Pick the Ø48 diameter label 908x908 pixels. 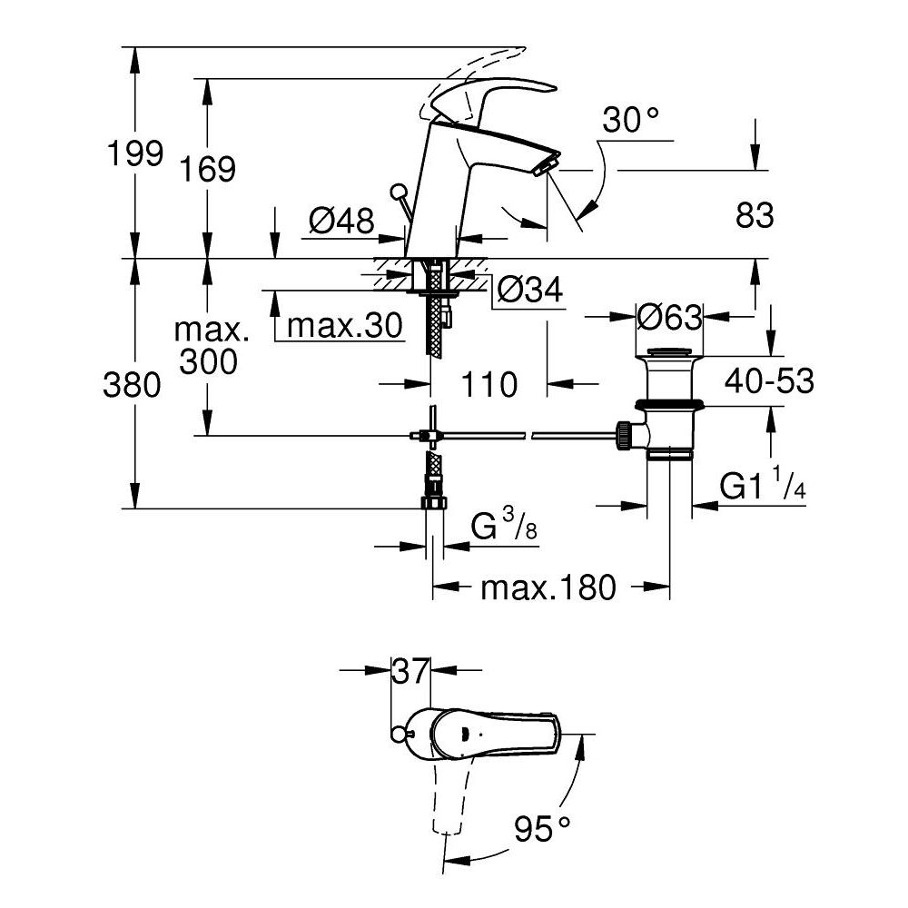tap(340, 220)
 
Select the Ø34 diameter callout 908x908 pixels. tap(531, 291)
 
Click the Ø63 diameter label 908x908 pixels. tap(669, 317)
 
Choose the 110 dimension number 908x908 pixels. tap(489, 384)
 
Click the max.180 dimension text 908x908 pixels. tap(548, 587)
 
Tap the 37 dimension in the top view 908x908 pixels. tap(410, 672)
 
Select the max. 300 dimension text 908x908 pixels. tap(208, 345)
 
